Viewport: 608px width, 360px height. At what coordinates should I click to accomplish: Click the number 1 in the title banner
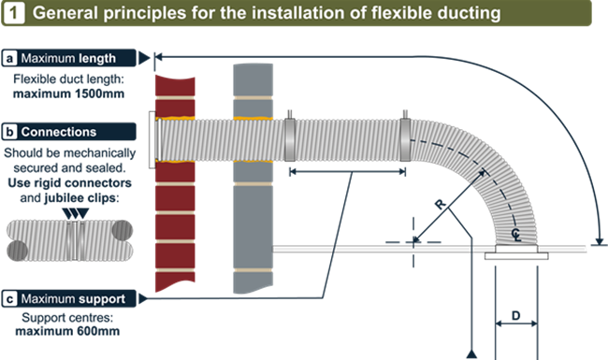coord(14,13)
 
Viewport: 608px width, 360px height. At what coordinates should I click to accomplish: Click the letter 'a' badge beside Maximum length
coord(9,58)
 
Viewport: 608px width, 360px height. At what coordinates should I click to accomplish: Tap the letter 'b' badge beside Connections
coord(9,132)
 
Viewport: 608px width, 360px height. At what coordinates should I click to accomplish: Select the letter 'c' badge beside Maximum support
coord(9,299)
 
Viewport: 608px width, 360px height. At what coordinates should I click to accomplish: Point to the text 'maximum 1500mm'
coord(68,94)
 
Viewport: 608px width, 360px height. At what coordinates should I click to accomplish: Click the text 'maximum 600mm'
coord(67,331)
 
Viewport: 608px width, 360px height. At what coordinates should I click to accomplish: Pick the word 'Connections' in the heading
coord(59,132)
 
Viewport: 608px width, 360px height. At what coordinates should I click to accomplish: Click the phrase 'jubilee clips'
coord(80,198)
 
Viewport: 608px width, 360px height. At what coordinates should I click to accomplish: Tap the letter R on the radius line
coord(440,204)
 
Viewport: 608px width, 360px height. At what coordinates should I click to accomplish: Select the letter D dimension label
coord(515,316)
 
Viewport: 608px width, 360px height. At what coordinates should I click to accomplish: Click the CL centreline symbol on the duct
coord(516,235)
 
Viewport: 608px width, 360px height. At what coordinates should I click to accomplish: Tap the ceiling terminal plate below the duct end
coord(516,255)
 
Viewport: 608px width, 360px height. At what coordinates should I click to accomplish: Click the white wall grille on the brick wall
coord(152,140)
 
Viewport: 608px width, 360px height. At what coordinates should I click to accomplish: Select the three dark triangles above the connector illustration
coord(76,213)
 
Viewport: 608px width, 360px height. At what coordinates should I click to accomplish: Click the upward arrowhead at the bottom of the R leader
coord(471,354)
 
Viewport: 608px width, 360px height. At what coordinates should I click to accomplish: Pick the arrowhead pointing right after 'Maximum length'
coord(144,58)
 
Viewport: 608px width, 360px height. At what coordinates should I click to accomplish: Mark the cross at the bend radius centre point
coord(413,242)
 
